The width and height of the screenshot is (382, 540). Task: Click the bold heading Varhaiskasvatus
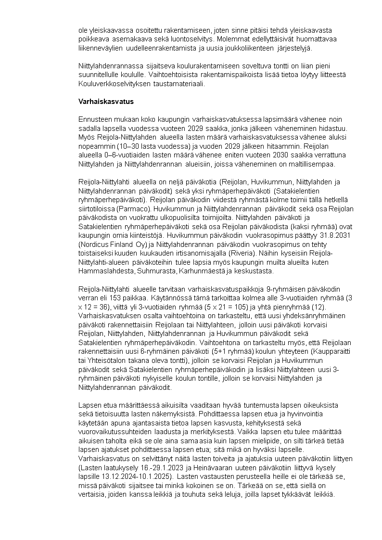(106, 102)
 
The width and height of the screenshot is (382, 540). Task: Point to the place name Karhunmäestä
(200, 270)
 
